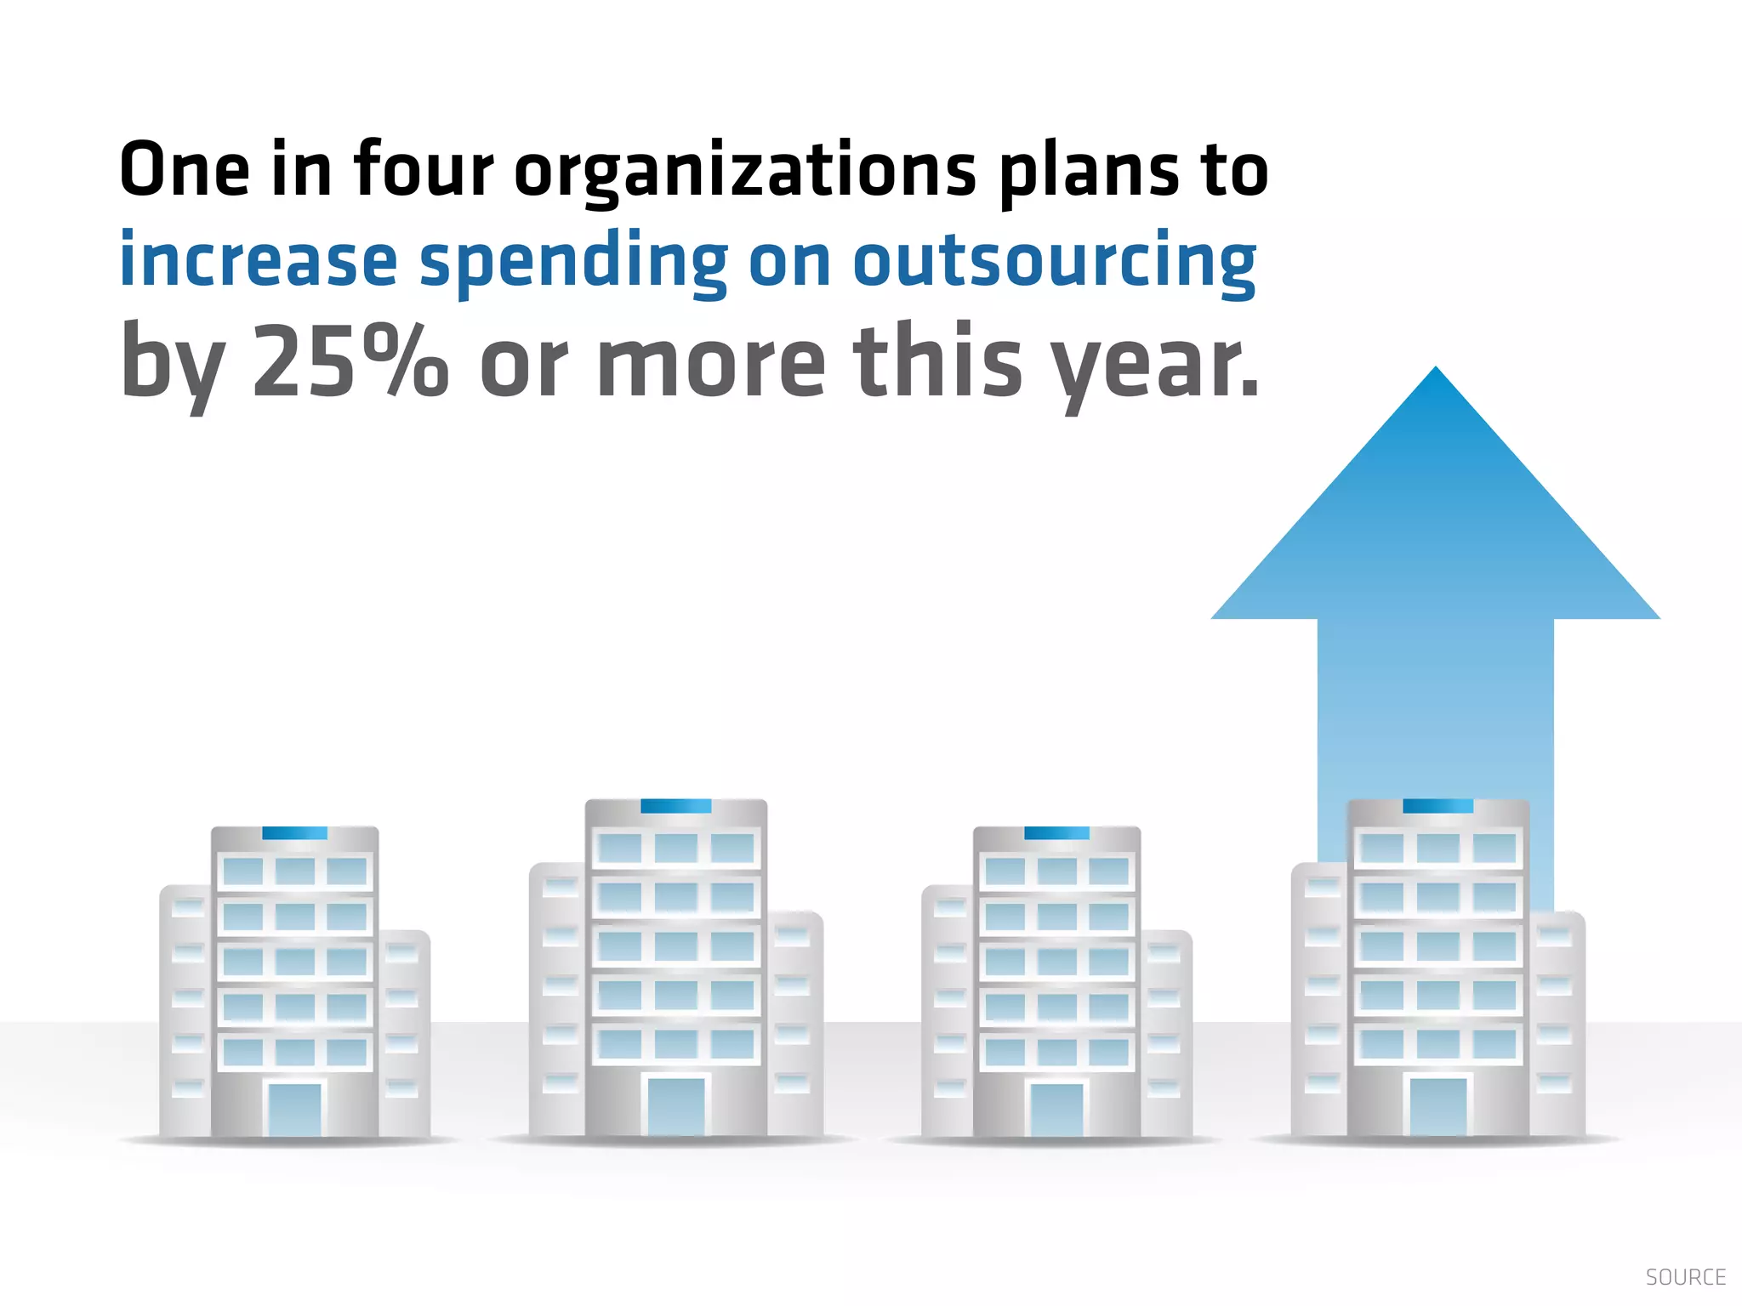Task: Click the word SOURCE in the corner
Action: click(x=1685, y=1277)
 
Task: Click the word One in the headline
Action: click(x=185, y=170)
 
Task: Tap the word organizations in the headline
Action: click(x=745, y=173)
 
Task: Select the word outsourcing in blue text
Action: click(x=1055, y=262)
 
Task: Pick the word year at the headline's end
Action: click(x=1153, y=364)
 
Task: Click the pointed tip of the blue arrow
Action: click(x=1436, y=372)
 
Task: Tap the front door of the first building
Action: click(x=295, y=1109)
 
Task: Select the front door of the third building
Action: click(x=1056, y=1109)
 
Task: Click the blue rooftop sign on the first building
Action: click(x=294, y=833)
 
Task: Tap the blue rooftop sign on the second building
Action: click(x=675, y=806)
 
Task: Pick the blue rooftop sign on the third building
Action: click(x=1056, y=833)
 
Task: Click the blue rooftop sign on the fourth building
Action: click(x=1437, y=806)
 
